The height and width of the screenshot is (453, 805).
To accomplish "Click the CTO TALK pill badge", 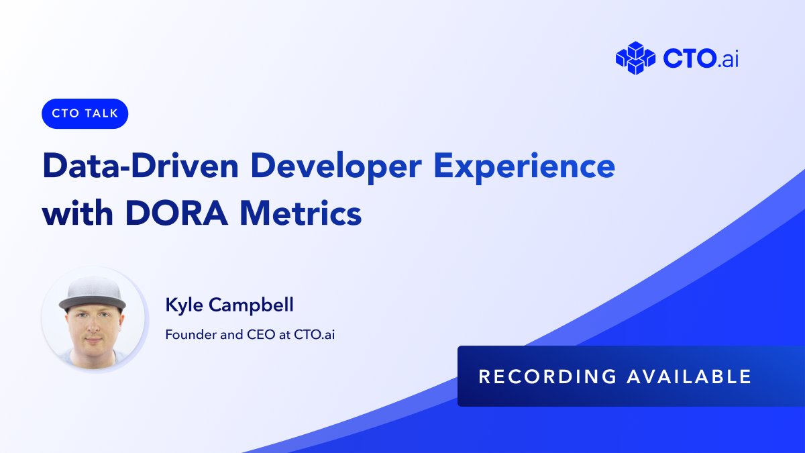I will [x=85, y=113].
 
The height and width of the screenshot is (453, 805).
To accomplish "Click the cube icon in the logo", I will [x=635, y=58].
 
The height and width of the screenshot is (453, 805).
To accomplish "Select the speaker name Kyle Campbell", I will [x=229, y=306].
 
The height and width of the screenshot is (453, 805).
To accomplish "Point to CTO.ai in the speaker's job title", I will [x=314, y=334].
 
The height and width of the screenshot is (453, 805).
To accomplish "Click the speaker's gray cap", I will [x=93, y=287].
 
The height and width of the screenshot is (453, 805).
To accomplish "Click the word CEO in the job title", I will [x=256, y=334].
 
